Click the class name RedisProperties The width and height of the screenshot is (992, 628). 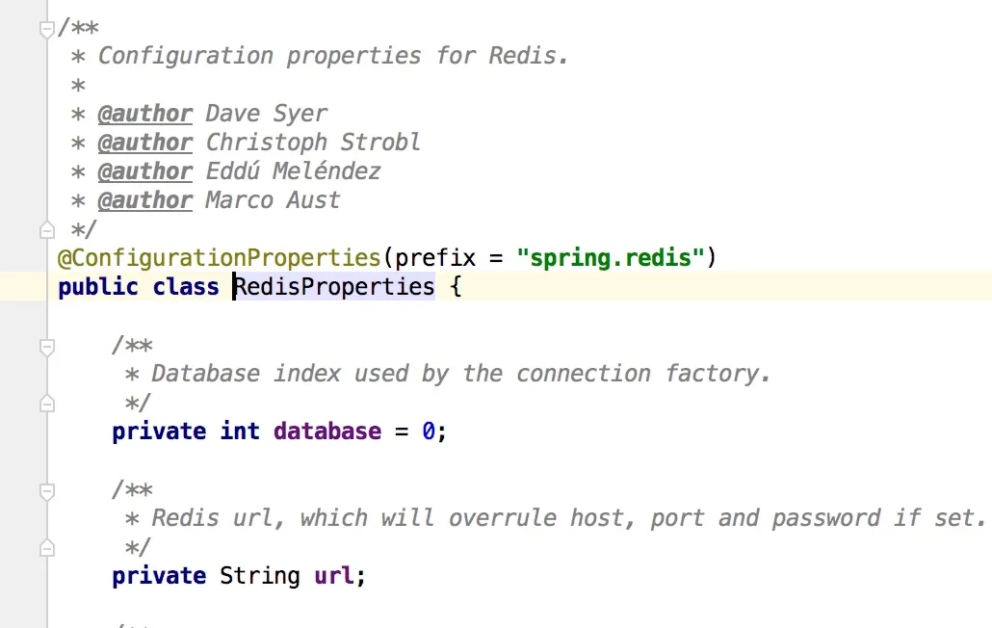[x=334, y=287]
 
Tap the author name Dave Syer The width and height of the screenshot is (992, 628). [x=266, y=114]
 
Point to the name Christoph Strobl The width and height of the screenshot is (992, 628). [x=313, y=143]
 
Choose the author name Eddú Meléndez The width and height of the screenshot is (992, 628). [x=293, y=171]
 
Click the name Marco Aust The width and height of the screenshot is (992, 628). [x=273, y=200]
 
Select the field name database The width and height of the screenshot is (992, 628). [x=327, y=432]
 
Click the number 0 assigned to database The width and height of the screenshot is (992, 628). [x=429, y=432]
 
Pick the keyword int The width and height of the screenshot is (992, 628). [x=240, y=432]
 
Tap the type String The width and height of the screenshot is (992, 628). [x=260, y=576]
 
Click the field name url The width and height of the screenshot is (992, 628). [x=333, y=576]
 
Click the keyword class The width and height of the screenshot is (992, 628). [x=186, y=287]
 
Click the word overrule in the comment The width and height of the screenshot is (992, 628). [x=503, y=518]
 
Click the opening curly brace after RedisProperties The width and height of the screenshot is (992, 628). [x=456, y=287]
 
